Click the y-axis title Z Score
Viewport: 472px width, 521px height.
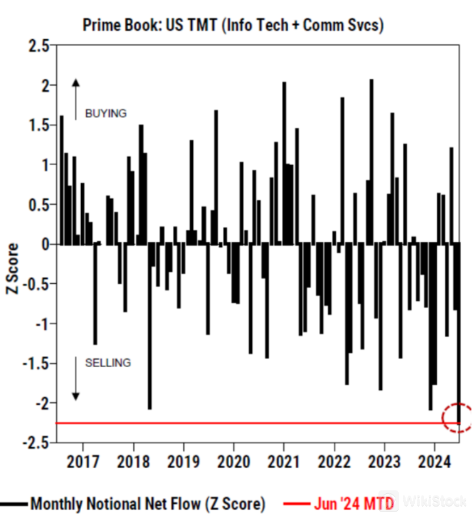pyautogui.click(x=12, y=268)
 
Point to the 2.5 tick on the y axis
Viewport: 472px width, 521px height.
pyautogui.click(x=39, y=45)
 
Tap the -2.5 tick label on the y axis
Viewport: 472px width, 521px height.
pyautogui.click(x=36, y=443)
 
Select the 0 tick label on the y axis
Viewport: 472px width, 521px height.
pyautogui.click(x=45, y=245)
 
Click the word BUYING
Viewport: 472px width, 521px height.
pyautogui.click(x=106, y=114)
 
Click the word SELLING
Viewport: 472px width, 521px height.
pyautogui.click(x=108, y=362)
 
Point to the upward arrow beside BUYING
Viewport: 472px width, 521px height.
pyautogui.click(x=75, y=99)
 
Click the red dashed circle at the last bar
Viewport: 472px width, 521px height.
pyautogui.click(x=457, y=418)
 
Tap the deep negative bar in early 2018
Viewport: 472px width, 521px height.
pyautogui.click(x=150, y=326)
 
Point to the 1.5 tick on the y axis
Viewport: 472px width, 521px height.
pyautogui.click(x=39, y=125)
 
